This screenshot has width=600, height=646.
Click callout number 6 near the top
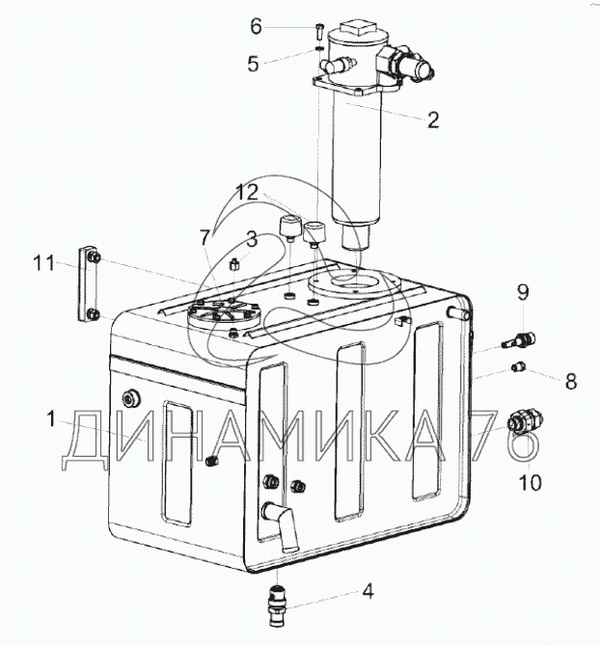point(256,27)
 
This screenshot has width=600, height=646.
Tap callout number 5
point(253,64)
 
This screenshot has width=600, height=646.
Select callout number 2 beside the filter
point(433,120)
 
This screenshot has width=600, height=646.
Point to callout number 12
point(247,193)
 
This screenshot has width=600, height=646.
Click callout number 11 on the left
point(44,263)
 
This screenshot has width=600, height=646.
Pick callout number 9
point(523,292)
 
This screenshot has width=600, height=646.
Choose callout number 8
point(571,382)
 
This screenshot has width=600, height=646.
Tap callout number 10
point(530,482)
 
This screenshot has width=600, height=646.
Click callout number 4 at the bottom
point(368,591)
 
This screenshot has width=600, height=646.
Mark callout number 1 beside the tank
point(51,419)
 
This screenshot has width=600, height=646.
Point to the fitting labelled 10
point(525,422)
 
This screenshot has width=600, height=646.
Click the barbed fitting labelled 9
point(519,339)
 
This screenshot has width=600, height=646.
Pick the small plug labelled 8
point(519,365)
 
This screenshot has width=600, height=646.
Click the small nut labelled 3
point(234,263)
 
